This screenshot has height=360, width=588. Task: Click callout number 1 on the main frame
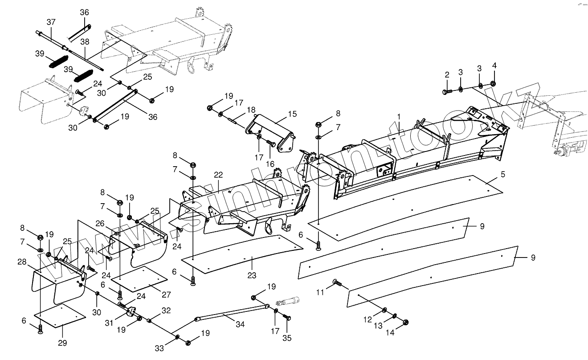click(399, 117)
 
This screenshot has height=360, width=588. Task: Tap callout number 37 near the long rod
click(51, 22)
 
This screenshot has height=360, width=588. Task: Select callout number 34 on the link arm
click(240, 325)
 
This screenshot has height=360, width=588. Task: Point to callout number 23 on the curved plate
click(252, 276)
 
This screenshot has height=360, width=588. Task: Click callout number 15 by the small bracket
click(292, 114)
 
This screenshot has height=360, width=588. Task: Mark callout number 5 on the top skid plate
click(502, 175)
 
